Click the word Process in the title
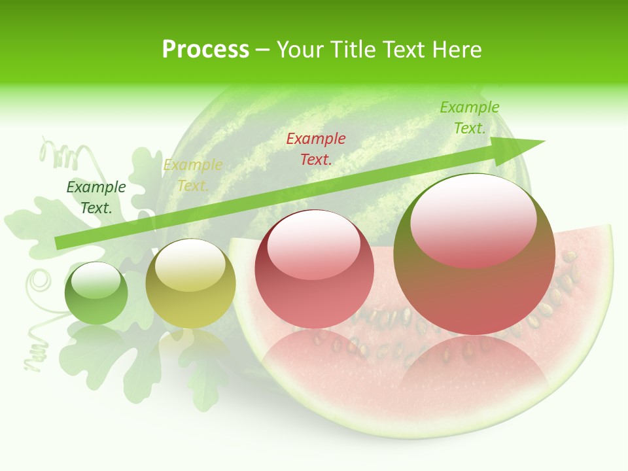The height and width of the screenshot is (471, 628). tap(205, 50)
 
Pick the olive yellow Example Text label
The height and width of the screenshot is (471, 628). tap(193, 175)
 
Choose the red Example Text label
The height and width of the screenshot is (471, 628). tap(316, 148)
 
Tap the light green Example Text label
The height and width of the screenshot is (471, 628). tap(470, 118)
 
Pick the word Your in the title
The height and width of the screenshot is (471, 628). tap(301, 50)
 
